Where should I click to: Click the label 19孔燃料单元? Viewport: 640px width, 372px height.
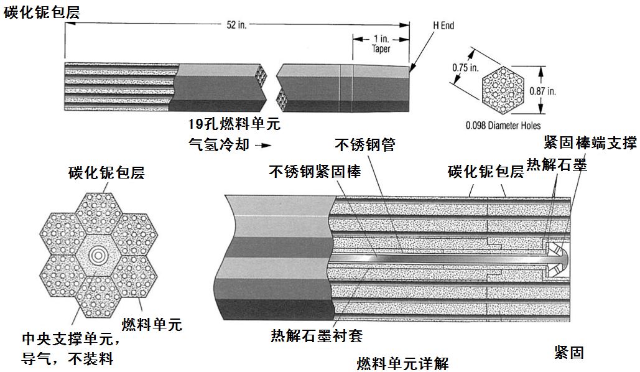coord(234,124)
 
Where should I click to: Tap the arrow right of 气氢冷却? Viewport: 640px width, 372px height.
coord(264,146)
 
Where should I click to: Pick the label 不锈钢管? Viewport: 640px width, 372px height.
coord(365,145)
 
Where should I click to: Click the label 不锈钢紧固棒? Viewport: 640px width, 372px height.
coord(315,171)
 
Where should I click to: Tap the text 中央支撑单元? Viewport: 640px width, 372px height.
coord(69,340)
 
